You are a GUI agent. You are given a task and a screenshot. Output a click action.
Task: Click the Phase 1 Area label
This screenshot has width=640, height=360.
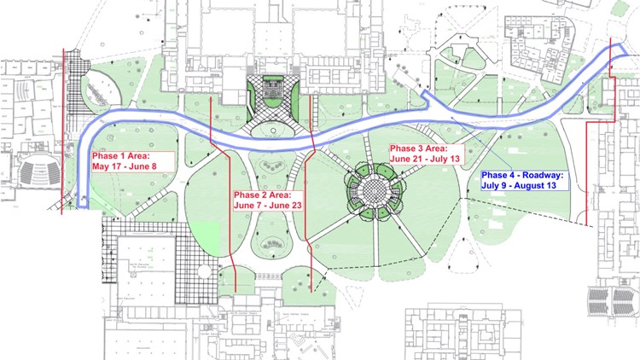(x=125, y=156)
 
